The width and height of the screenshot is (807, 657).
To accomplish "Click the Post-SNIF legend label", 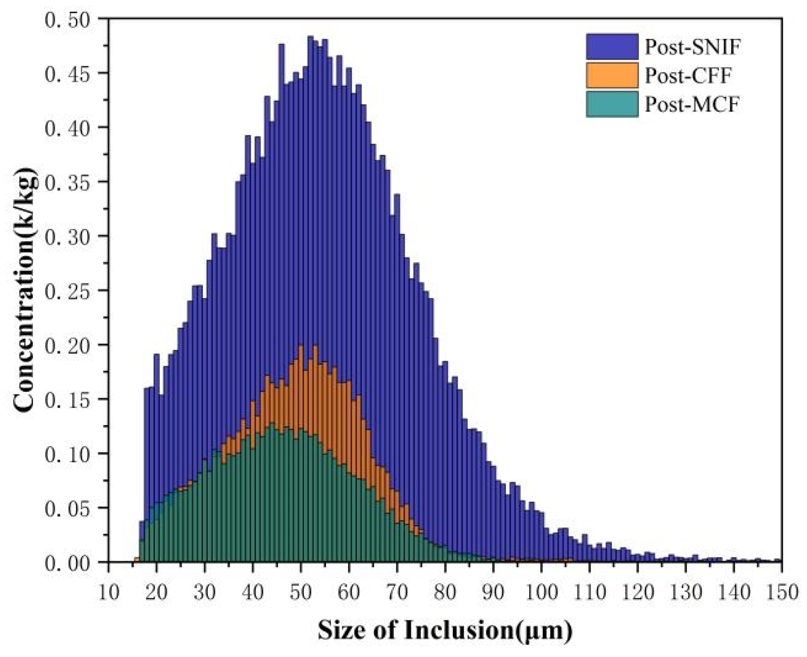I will pyautogui.click(x=692, y=47).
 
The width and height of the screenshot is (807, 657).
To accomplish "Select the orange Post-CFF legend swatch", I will pyautogui.click(x=612, y=75).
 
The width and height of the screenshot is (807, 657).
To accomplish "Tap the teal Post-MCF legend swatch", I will pyautogui.click(x=612, y=104).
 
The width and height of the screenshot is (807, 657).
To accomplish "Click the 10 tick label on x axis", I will pyautogui.click(x=108, y=592).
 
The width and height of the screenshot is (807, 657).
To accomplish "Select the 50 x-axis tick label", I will pyautogui.click(x=301, y=592).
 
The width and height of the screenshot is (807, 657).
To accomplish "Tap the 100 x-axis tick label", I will pyautogui.click(x=541, y=592).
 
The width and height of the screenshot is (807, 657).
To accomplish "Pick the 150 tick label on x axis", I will pyautogui.click(x=782, y=592).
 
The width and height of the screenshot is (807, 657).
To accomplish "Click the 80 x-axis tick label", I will pyautogui.click(x=445, y=592).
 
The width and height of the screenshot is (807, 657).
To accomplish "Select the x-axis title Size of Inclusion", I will pyautogui.click(x=445, y=630).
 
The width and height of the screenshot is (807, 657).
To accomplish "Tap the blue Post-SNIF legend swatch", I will pyautogui.click(x=612, y=47).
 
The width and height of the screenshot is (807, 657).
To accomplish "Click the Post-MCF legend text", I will pyautogui.click(x=691, y=104).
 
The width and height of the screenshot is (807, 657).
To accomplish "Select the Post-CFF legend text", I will pyautogui.click(x=687, y=75).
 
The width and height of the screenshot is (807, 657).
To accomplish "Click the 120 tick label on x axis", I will pyautogui.click(x=637, y=592).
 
